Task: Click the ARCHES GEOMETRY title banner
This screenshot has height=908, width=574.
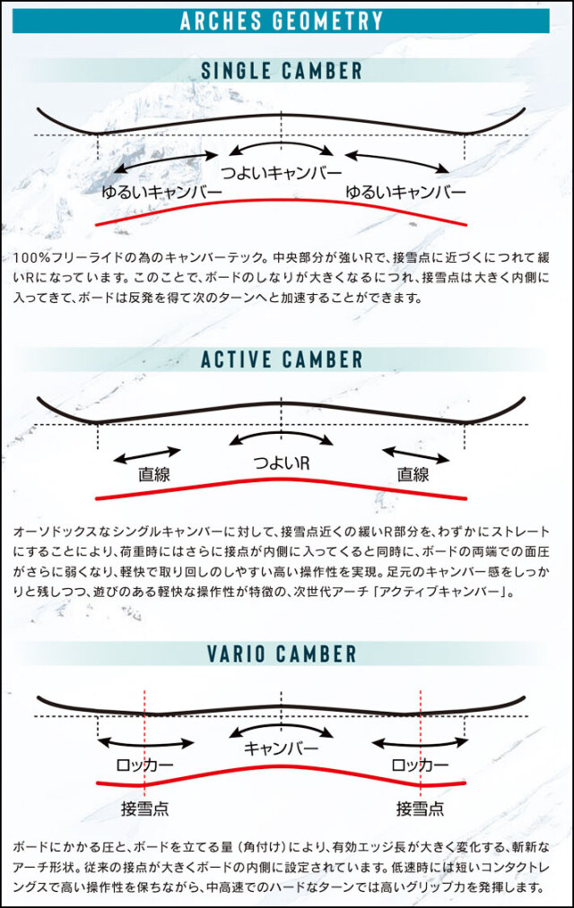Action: pos(281,21)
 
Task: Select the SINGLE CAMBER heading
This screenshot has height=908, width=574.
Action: pos(282,71)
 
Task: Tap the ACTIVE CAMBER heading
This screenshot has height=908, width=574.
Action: pos(282,359)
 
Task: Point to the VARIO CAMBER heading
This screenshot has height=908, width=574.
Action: pos(282,653)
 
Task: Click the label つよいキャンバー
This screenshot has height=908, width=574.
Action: pos(282,172)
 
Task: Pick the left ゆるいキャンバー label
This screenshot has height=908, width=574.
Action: pos(161,192)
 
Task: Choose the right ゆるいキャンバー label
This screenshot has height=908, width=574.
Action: pos(405,192)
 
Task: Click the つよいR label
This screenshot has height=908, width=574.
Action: pos(282,463)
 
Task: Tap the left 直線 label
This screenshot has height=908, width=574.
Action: pos(154,474)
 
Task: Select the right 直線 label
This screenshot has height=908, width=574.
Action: pos(413,474)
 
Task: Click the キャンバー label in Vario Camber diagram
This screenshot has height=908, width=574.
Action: pos(282,748)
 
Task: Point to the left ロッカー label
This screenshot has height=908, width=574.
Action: pos(144,765)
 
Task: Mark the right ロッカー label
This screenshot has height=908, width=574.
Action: pos(420,765)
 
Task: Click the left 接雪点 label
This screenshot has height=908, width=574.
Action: pos(144,808)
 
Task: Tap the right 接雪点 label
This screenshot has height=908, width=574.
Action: pos(420,808)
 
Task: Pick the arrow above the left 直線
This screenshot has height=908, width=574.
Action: pos(147,455)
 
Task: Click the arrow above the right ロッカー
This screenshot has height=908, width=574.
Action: pos(420,744)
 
